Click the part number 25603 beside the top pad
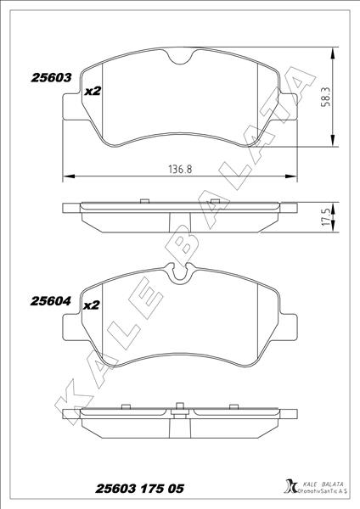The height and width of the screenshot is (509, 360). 51,78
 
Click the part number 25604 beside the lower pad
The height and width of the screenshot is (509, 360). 50,301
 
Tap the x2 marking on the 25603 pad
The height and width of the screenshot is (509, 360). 93,92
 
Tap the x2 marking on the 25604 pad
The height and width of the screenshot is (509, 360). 92,305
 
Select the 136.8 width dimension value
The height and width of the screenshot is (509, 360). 180,169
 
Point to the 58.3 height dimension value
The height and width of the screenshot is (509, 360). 325,97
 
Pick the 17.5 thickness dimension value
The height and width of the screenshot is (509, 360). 325,217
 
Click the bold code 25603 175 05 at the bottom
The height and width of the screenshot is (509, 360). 140,489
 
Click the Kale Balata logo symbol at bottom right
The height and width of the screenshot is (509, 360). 290,488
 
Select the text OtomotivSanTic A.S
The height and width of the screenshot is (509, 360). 322,491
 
